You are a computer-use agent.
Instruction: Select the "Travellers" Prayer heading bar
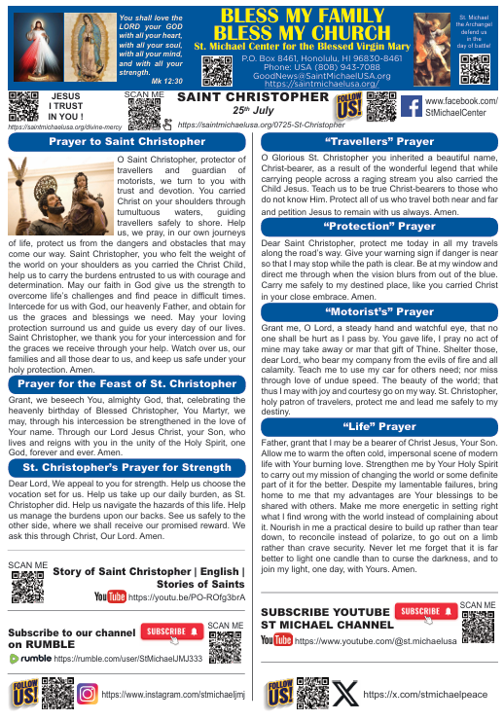(379, 142)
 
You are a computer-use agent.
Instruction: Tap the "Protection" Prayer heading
(379, 227)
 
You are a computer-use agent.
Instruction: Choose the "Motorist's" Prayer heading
(379, 312)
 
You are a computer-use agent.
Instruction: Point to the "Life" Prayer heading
(379, 426)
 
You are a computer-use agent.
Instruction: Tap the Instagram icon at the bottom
(87, 695)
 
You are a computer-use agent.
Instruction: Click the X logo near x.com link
(345, 694)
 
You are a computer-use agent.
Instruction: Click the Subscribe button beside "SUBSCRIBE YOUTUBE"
(425, 612)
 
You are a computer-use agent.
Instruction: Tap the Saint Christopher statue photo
(59, 195)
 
